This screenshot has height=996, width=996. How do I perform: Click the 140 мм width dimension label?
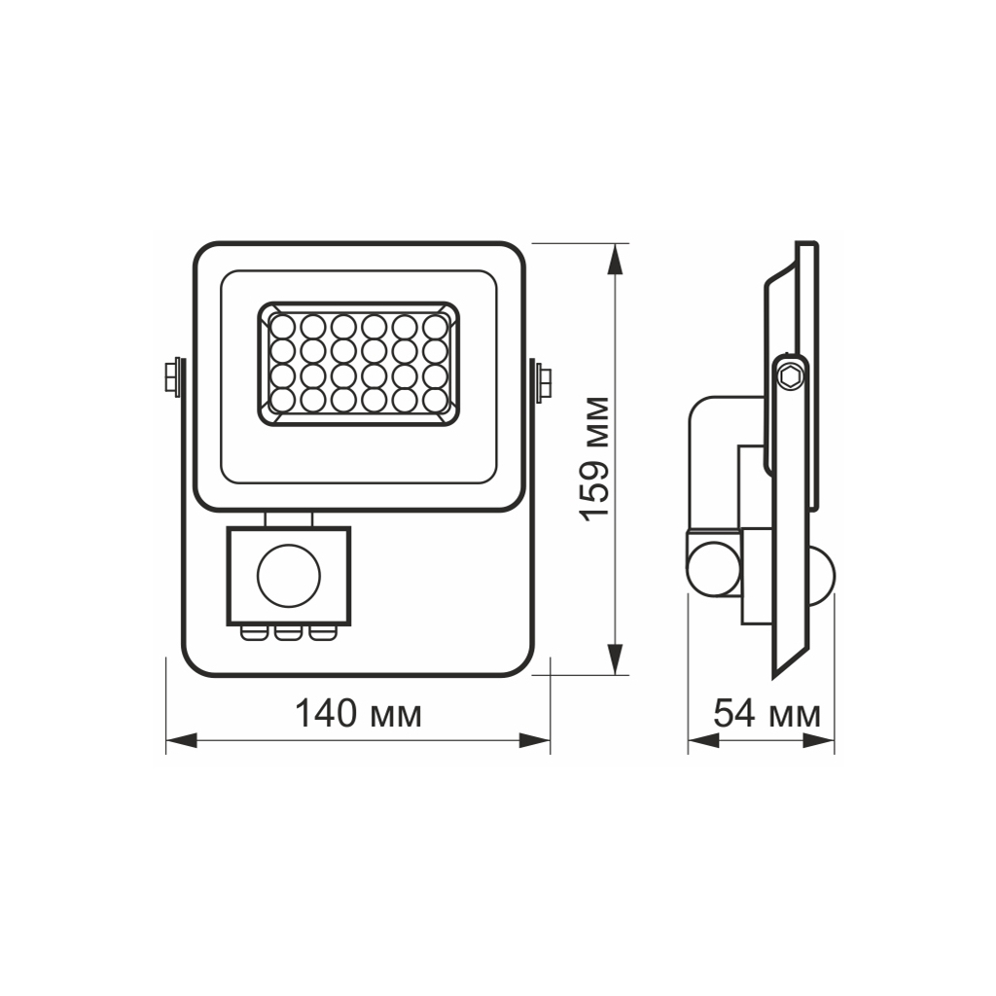(x=359, y=714)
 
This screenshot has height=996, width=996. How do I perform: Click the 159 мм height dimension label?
(x=595, y=458)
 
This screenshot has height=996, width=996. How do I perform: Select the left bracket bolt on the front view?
(x=173, y=376)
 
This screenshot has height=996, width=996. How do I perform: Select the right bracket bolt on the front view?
(x=541, y=378)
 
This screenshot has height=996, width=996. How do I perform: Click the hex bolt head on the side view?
(x=789, y=375)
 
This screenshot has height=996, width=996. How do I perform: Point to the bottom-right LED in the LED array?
(x=435, y=399)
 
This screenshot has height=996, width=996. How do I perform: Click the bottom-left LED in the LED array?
(x=282, y=399)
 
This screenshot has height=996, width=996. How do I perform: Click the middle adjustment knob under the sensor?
(x=287, y=634)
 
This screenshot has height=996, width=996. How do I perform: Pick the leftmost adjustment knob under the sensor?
(x=254, y=634)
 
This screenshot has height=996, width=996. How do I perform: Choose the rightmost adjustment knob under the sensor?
(x=320, y=634)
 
